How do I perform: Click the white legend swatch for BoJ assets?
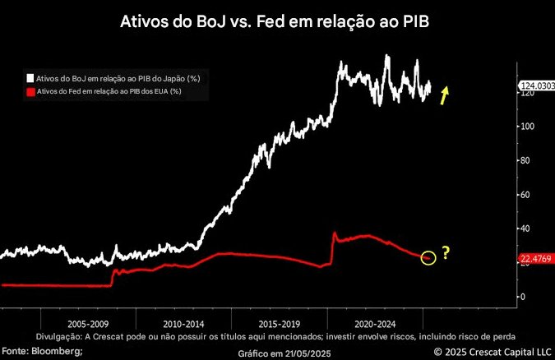point(30,78)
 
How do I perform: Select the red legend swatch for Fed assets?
point(30,91)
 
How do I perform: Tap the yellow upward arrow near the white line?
point(444,95)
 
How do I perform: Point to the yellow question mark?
point(446,253)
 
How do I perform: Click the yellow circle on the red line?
point(428,258)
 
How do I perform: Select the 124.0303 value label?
point(536,85)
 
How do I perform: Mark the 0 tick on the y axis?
point(520,297)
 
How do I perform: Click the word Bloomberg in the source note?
point(58,351)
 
